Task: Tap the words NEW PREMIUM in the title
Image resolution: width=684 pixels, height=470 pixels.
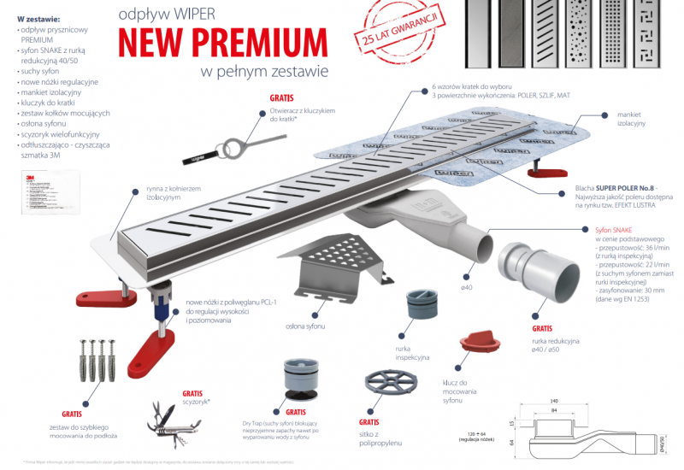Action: tap(222, 43)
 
